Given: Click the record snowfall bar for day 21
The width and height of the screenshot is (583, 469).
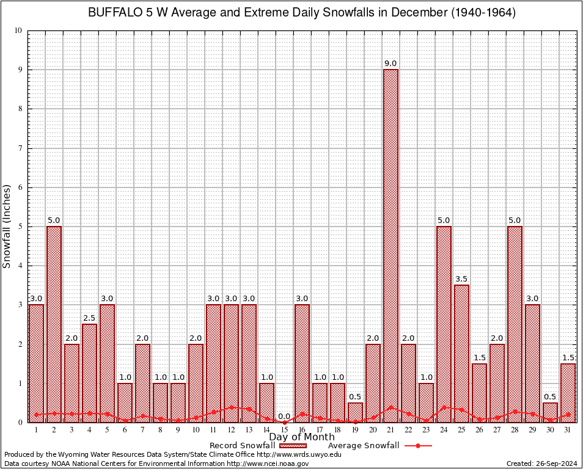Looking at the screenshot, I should (391, 244).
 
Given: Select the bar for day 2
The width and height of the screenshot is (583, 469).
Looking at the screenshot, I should (54, 324).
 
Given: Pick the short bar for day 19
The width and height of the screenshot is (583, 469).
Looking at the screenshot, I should (355, 412).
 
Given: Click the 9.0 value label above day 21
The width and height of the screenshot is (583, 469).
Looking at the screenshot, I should (391, 64).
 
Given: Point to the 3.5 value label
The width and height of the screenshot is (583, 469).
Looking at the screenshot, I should (461, 279).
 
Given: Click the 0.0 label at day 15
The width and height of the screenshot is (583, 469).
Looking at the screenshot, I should (284, 416).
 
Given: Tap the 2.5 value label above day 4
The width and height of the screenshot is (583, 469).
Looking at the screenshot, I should (89, 318).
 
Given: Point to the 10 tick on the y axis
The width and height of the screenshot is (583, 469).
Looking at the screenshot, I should (18, 31).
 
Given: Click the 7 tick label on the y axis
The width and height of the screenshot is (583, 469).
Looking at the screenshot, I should (20, 148).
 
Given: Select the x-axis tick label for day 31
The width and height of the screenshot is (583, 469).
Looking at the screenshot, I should (568, 430).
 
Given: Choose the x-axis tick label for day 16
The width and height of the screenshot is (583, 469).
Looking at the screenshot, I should (302, 430).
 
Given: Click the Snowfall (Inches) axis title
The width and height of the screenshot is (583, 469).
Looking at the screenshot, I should (7, 226).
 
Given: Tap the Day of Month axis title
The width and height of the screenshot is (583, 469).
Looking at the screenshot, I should (302, 437).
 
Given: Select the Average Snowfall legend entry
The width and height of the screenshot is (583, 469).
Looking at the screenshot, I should (363, 446).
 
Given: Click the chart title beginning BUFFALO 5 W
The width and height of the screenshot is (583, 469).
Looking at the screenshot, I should (302, 13).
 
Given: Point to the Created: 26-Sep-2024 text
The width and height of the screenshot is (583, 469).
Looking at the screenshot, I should (542, 464).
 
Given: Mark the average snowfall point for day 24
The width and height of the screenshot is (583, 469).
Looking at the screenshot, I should (444, 407).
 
